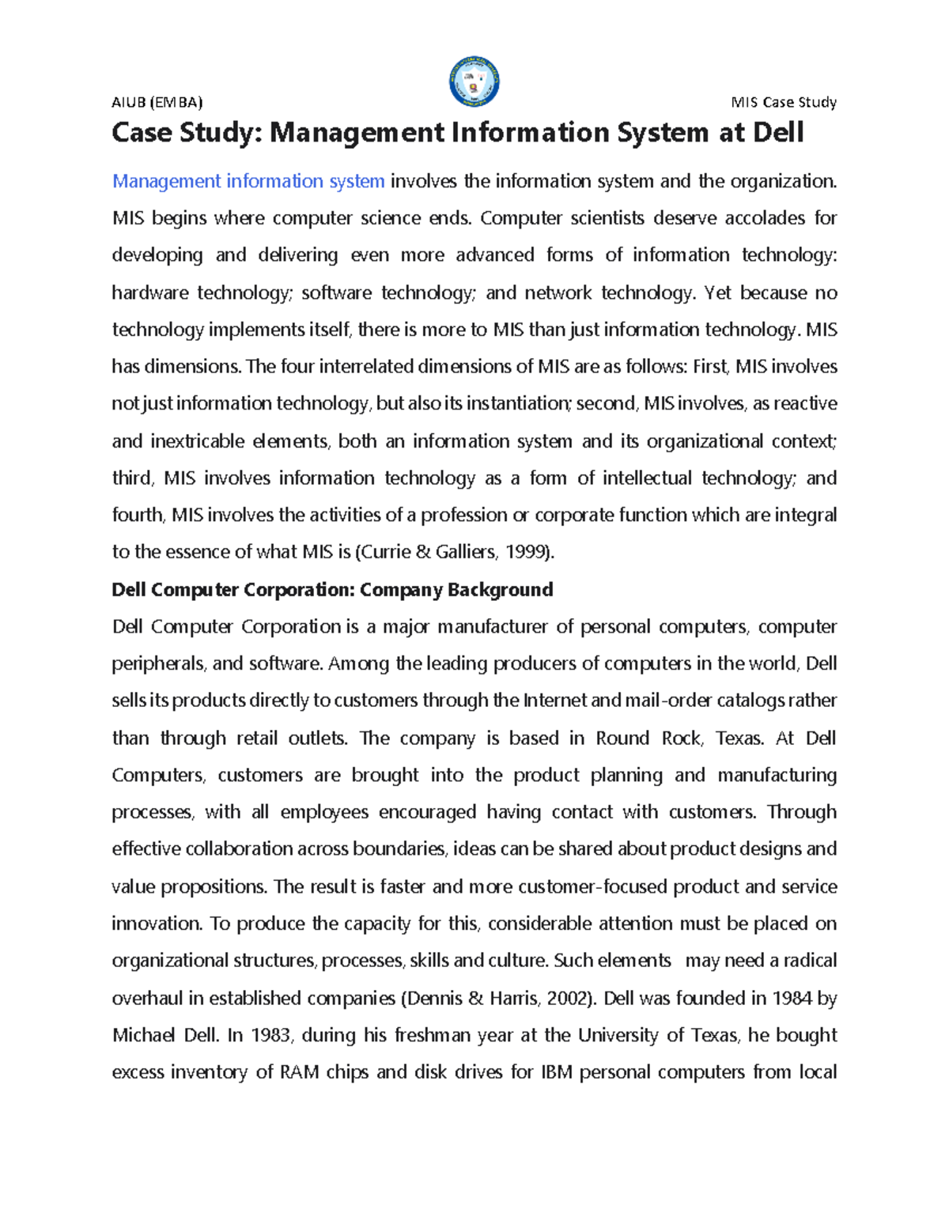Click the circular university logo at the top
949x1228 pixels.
coord(474,81)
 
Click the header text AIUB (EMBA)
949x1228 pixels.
coord(157,102)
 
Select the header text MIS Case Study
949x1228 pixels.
coord(783,102)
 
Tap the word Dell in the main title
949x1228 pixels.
coord(777,133)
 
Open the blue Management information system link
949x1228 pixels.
coord(248,181)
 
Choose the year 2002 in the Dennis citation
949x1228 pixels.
coord(569,998)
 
